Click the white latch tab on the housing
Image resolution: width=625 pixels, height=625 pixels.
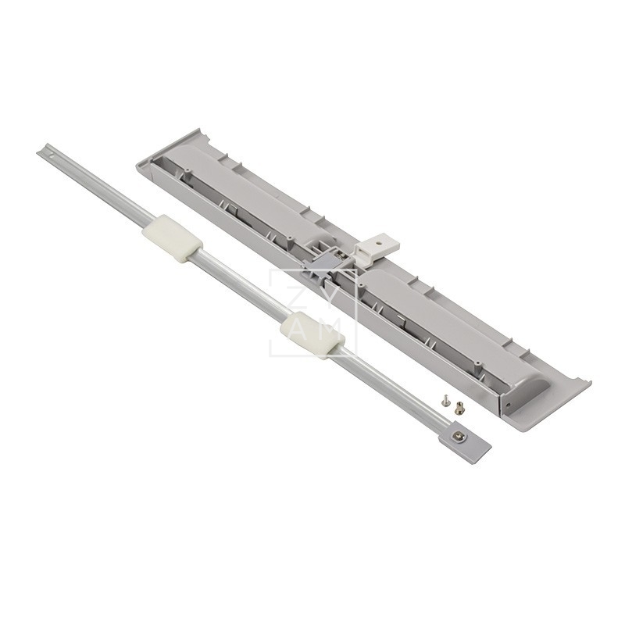(x=377, y=248)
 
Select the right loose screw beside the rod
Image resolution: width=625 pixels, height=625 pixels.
(x=459, y=406)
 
